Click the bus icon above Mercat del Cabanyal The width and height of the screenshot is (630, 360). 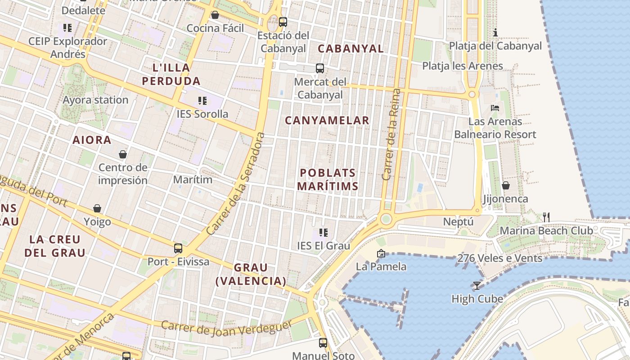point(320,68)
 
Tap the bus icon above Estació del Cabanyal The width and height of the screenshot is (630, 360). point(283,22)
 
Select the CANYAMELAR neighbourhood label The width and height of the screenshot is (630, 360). point(327,121)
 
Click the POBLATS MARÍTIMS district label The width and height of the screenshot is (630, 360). point(328,180)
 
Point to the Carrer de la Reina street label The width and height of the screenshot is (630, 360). point(391,135)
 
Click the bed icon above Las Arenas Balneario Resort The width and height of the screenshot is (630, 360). point(495,108)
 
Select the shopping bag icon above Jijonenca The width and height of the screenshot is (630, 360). point(505,185)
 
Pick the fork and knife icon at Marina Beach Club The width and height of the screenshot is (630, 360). point(546,217)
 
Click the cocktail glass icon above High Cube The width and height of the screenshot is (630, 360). point(477,285)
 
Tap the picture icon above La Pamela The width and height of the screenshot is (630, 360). point(381,253)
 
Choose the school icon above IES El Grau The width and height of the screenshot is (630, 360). point(323,232)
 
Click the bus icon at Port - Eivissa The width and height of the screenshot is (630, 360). point(178,248)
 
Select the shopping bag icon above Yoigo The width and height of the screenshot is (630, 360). point(97,208)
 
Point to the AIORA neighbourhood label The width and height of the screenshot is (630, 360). point(92,140)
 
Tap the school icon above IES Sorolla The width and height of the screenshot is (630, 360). point(202,100)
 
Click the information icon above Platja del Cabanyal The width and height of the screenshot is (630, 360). point(495,32)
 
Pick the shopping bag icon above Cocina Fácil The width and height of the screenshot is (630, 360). point(215,15)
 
